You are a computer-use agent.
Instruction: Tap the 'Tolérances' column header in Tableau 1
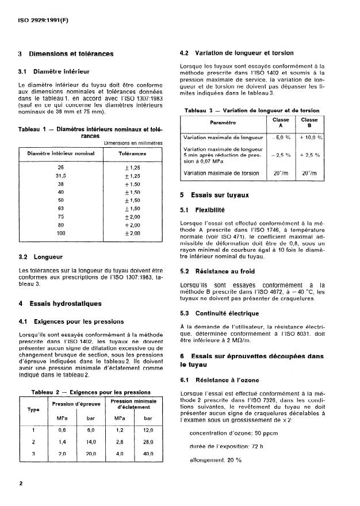coord(132,154)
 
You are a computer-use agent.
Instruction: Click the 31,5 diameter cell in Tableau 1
coord(61,175)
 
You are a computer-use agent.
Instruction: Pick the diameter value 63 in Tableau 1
coord(61,209)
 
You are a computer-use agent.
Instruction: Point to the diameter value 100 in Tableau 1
coord(61,234)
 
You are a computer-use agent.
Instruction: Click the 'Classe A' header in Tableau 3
coord(281,122)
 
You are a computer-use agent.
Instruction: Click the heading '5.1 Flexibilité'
coord(202,210)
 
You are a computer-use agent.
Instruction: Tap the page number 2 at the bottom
coord(21,484)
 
